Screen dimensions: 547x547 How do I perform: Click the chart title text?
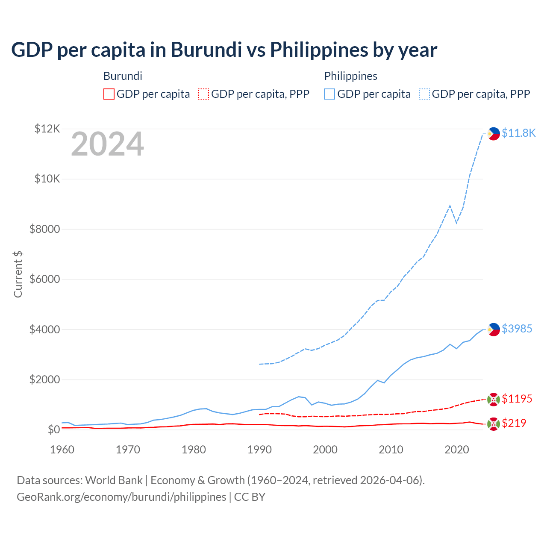pyautogui.click(x=224, y=50)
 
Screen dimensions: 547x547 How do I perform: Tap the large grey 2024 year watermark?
pyautogui.click(x=107, y=144)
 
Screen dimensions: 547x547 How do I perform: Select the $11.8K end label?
pyautogui.click(x=518, y=133)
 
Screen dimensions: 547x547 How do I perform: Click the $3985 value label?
pyautogui.click(x=517, y=329)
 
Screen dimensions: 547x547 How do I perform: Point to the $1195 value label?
pyautogui.click(x=517, y=399)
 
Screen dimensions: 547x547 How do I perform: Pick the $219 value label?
pyautogui.click(x=514, y=423)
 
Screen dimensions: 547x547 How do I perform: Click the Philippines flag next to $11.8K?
pyautogui.click(x=494, y=134)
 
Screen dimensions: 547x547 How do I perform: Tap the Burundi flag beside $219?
pyautogui.click(x=494, y=424)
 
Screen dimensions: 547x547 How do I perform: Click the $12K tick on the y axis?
pyautogui.click(x=47, y=129)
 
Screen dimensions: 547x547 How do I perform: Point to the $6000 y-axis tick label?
pyautogui.click(x=44, y=279)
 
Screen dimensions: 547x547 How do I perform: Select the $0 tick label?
pyautogui.click(x=53, y=429)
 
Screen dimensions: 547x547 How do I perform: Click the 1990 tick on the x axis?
pyautogui.click(x=259, y=450)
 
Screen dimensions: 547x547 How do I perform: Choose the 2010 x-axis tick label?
pyautogui.click(x=391, y=450)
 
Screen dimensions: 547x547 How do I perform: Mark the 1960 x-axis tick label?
pyautogui.click(x=62, y=450)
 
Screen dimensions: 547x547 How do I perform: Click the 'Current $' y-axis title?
pyautogui.click(x=18, y=274)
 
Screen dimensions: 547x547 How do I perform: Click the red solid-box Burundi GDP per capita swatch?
pyautogui.click(x=109, y=94)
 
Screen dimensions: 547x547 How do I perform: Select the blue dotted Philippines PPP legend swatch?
pyautogui.click(x=424, y=94)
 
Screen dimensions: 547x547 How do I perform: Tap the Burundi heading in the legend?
pyautogui.click(x=123, y=76)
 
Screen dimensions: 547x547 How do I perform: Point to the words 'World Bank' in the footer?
pyautogui.click(x=114, y=480)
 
